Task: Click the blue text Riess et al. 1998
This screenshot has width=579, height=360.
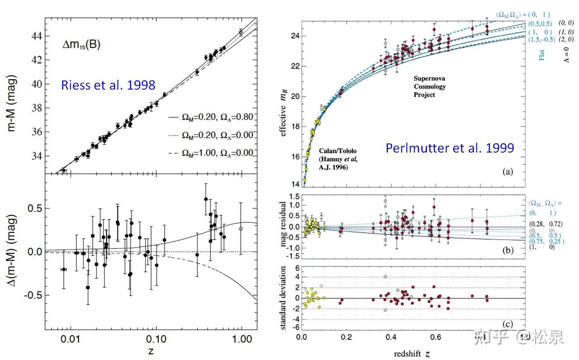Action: (x=108, y=85)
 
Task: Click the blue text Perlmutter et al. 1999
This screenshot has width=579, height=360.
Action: (x=450, y=148)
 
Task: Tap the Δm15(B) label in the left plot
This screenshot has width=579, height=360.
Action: (x=81, y=45)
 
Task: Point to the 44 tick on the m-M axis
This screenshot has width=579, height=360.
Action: (x=37, y=36)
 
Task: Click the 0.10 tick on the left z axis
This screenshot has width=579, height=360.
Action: (x=156, y=339)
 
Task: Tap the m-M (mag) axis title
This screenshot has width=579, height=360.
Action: (x=11, y=103)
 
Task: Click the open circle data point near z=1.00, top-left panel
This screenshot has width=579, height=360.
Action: (x=241, y=33)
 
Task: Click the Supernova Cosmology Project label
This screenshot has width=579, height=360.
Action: (x=429, y=86)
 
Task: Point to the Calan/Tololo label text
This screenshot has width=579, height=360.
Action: (x=338, y=151)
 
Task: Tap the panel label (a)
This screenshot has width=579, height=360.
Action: (x=507, y=172)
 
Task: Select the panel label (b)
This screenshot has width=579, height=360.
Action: (x=507, y=250)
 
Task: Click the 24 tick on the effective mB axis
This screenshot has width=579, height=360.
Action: (x=295, y=36)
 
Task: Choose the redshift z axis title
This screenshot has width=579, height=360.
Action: (x=412, y=354)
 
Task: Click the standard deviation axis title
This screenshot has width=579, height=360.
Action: (x=283, y=298)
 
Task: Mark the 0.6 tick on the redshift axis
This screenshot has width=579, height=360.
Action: (x=436, y=337)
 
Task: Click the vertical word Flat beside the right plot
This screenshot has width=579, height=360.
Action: (x=541, y=55)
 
